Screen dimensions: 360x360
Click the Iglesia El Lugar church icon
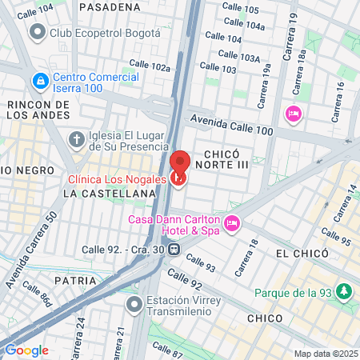click(77, 140)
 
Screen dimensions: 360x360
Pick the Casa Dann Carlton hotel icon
click(232, 223)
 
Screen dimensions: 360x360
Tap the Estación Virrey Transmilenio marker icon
click(134, 306)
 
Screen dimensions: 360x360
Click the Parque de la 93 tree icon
click(345, 291)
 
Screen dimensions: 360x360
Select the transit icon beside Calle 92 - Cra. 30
click(174, 249)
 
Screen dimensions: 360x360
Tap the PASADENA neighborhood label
click(110, 6)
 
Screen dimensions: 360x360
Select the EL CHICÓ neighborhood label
click(302, 253)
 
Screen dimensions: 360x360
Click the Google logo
click(26, 350)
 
